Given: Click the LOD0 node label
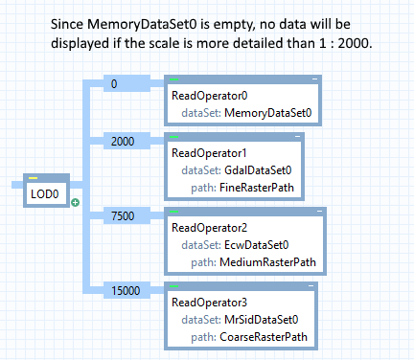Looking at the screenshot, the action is point(45,194).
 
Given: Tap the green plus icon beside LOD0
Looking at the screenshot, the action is point(76,202).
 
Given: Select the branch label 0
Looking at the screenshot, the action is point(114,84).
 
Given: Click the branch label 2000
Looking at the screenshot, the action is point(123,142).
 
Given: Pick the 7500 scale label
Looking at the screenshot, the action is point(123,216).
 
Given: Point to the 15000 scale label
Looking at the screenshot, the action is point(126,291).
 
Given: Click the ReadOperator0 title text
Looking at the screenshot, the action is point(210,96).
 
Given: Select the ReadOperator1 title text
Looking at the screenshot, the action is point(209,153).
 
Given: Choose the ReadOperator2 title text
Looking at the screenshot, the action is point(210,228).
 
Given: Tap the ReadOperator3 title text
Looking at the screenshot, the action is point(210,303).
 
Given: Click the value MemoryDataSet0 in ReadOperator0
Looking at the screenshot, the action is point(268,113).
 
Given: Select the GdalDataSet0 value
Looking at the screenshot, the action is point(258,170).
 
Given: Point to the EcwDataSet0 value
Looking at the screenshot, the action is point(257,245).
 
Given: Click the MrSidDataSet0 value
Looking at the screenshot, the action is point(262,320).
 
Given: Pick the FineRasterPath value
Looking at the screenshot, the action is point(257,188).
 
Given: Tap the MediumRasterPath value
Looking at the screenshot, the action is point(267,262).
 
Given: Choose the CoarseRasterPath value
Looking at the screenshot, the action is point(264,337).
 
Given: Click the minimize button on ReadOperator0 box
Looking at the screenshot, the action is point(314,79).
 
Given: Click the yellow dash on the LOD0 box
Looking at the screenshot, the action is point(33,178).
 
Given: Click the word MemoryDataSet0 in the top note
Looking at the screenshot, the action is point(142,25).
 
